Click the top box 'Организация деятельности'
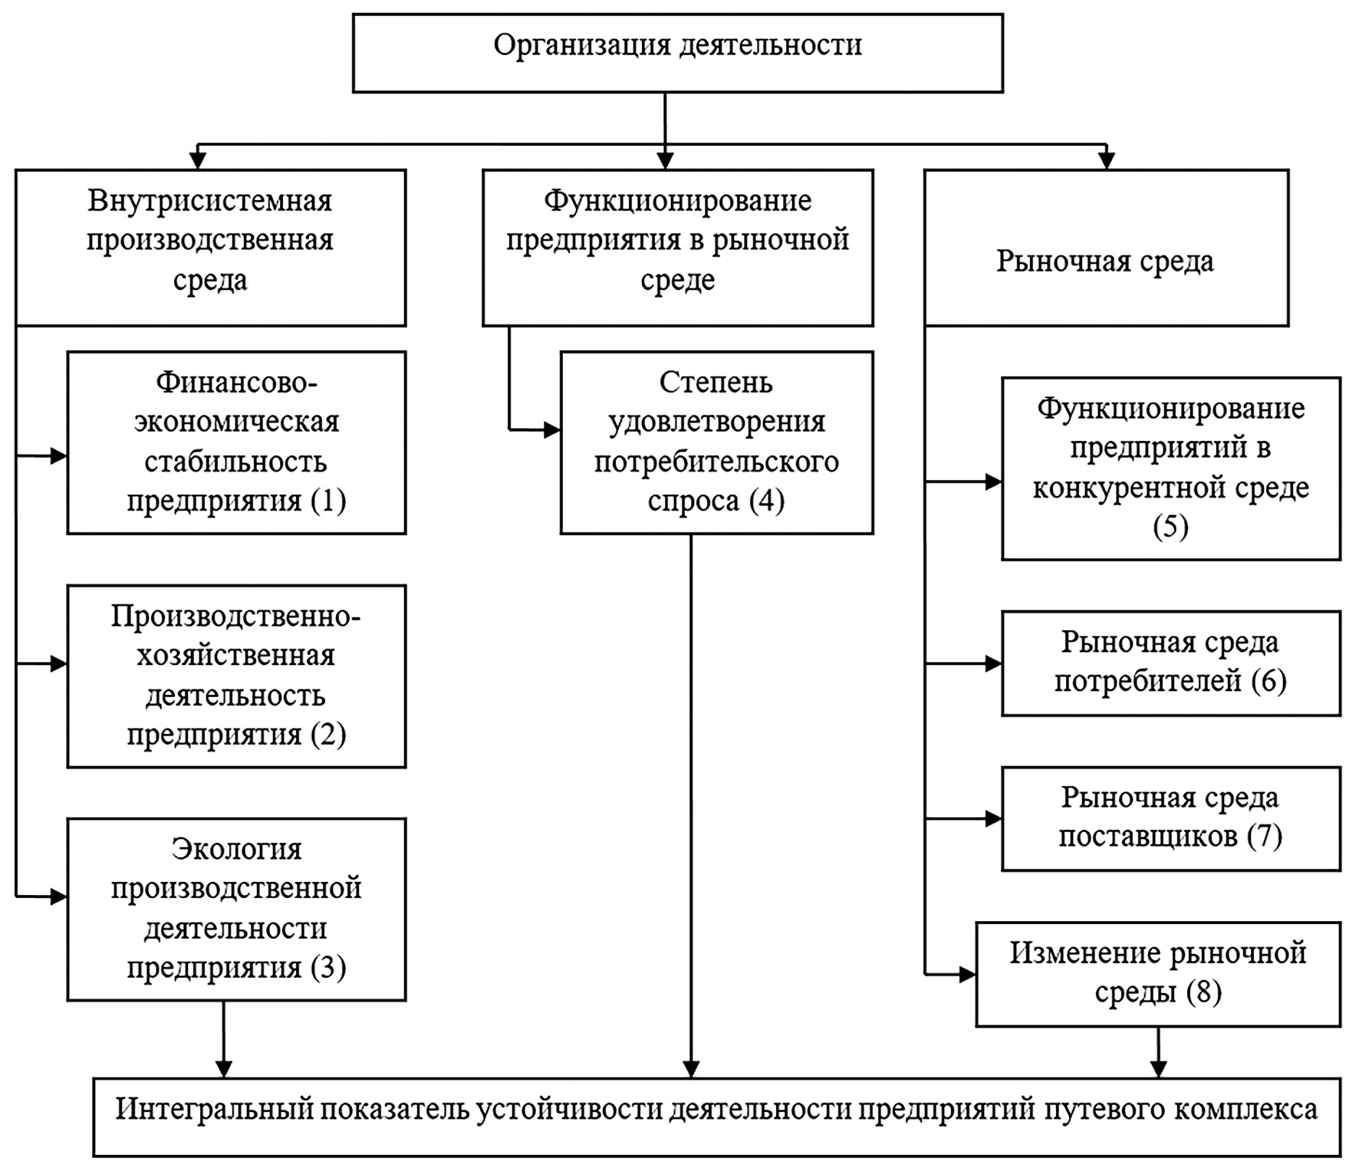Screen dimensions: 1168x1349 (677, 53)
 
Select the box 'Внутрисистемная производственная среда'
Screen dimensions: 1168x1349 (210, 247)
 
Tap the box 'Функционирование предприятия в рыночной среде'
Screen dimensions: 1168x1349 (677, 247)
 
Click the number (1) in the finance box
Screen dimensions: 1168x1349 (328, 501)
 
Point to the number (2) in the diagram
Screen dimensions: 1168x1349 (328, 734)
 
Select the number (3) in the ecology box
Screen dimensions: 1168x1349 (328, 967)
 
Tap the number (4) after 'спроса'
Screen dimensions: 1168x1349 (767, 501)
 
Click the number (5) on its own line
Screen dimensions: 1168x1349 (1170, 527)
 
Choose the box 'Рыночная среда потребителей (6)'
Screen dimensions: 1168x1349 (1170, 663)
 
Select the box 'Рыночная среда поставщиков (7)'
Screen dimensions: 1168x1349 (1170, 818)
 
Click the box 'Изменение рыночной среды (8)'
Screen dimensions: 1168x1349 (1157, 973)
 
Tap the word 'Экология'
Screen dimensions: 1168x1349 (236, 849)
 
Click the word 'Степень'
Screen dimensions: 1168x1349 (716, 382)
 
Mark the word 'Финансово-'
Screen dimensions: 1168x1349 (236, 382)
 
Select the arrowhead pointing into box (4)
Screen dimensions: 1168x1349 (552, 430)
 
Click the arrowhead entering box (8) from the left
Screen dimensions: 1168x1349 (967, 975)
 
